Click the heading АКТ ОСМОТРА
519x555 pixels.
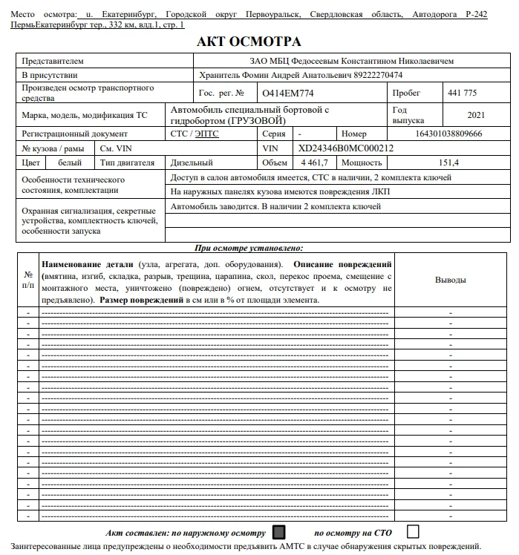[x=249, y=42]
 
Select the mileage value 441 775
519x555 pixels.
[x=463, y=93]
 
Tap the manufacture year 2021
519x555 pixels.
[x=476, y=115]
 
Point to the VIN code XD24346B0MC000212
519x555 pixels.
[x=346, y=148]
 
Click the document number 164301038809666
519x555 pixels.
[x=448, y=134]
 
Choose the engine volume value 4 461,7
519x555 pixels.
[x=316, y=162]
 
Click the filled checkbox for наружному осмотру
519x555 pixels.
[x=279, y=532]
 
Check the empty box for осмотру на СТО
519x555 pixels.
[x=414, y=531]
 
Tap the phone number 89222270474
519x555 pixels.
[x=376, y=75]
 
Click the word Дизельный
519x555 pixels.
[x=192, y=162]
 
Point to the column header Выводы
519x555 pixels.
[x=450, y=280]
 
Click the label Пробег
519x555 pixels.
[x=408, y=93]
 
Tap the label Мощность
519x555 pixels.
[x=363, y=162]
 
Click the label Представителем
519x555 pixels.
[x=53, y=61]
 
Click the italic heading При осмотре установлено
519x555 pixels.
[x=249, y=249]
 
